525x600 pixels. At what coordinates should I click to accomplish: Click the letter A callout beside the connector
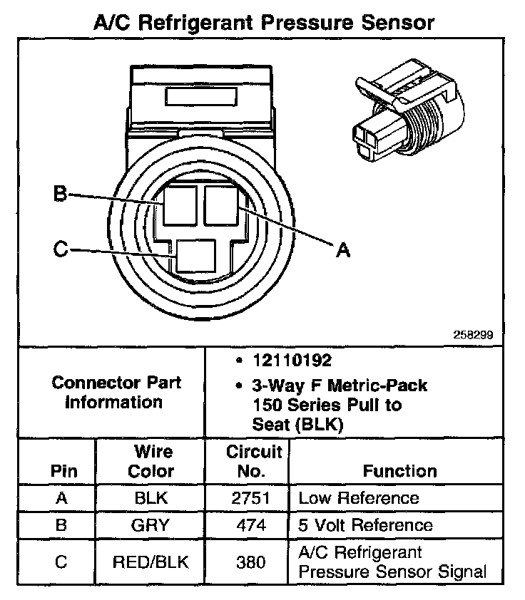tap(343, 250)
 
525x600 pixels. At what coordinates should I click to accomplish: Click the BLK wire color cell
tap(151, 499)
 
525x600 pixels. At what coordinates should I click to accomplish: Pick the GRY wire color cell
tap(151, 526)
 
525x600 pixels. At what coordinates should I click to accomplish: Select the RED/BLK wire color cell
tap(151, 562)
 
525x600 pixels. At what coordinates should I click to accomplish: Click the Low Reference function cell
tap(358, 498)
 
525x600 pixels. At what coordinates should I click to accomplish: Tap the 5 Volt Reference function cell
tap(365, 526)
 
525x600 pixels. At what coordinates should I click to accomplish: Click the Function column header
tap(399, 471)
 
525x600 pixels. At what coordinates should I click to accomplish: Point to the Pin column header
tap(61, 471)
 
